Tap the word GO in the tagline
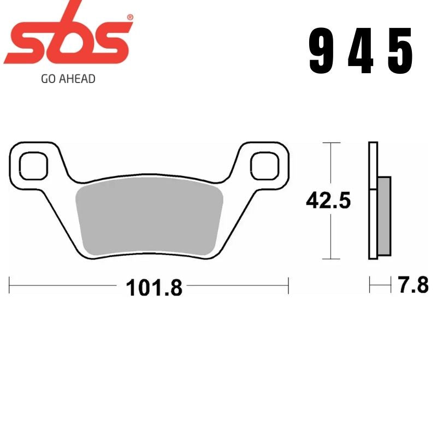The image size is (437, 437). (x=48, y=79)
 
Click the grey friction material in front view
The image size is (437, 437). (x=149, y=218)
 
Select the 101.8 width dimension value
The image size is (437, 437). (x=154, y=287)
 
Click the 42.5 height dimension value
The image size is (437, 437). (x=328, y=200)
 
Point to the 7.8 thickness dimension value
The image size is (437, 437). (x=412, y=285)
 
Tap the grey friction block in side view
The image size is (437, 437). (x=385, y=215)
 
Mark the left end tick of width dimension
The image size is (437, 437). (x=10, y=285)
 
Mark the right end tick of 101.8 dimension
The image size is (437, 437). (x=288, y=285)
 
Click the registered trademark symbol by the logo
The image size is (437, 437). (x=129, y=17)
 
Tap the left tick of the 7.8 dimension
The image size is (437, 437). (x=370, y=285)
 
